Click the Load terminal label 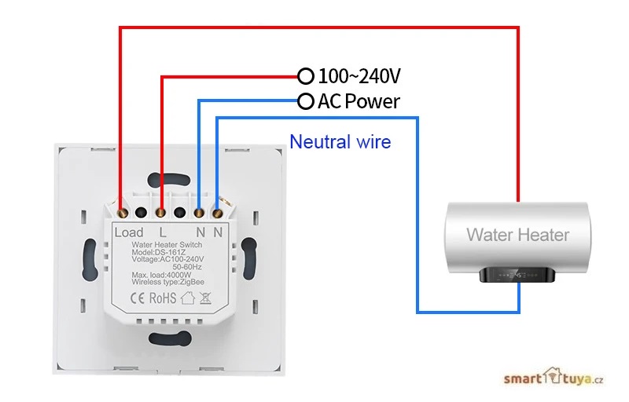click(129, 232)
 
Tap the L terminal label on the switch click(163, 232)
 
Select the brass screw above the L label click(161, 211)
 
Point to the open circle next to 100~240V click(305, 76)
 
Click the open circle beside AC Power click(305, 101)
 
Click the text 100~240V click(360, 76)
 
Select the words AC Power click(359, 101)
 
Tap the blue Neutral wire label click(340, 142)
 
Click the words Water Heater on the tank click(517, 234)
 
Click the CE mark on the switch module click(137, 298)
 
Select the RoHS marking click(163, 298)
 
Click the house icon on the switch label click(187, 298)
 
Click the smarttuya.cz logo click(554, 380)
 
